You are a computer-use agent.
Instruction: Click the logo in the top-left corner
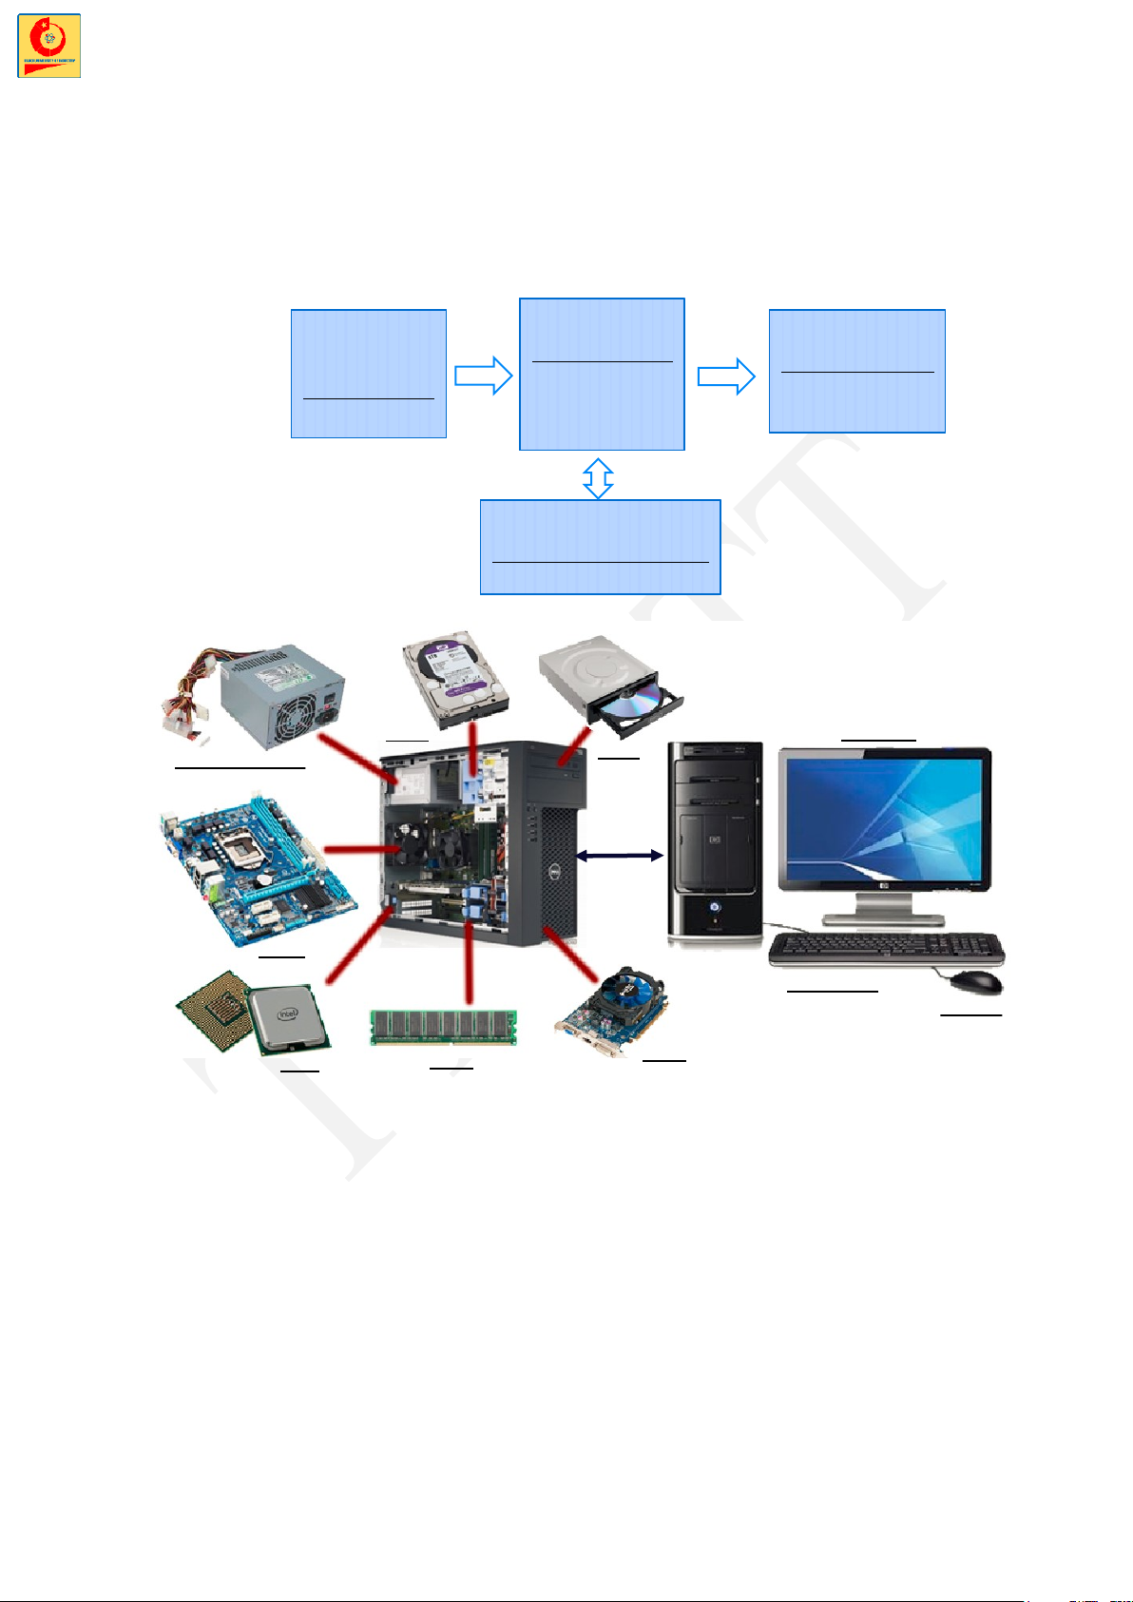(48, 46)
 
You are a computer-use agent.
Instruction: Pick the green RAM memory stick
(443, 1028)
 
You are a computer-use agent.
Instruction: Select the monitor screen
(884, 818)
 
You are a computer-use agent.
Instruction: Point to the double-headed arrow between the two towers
(620, 856)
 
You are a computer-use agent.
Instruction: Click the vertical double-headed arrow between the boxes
(598, 478)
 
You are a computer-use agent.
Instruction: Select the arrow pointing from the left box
(483, 376)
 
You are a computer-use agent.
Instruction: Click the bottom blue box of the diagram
(600, 547)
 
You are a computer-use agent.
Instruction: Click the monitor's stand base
(883, 919)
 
